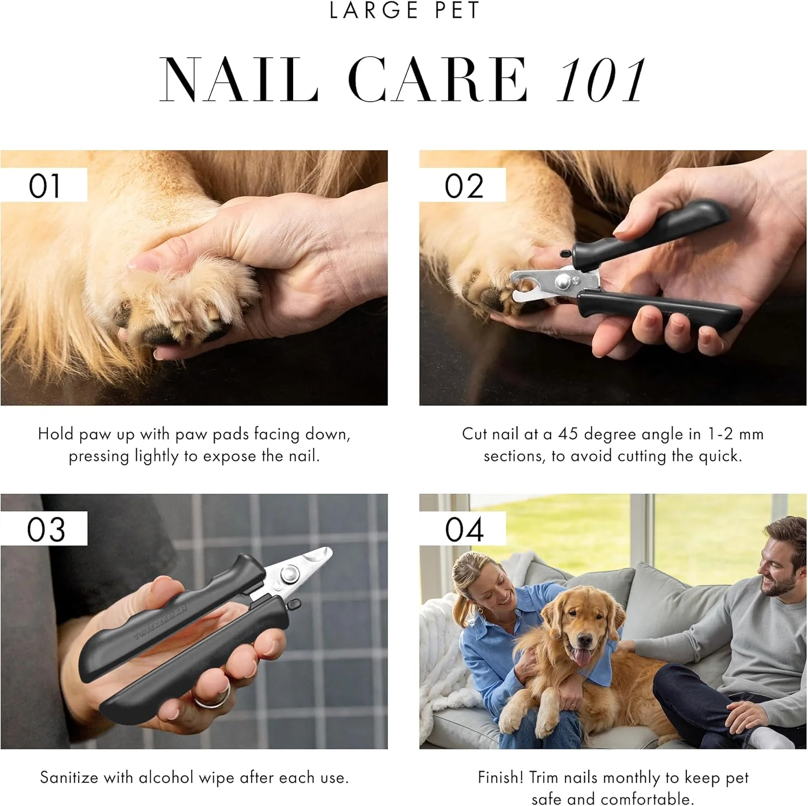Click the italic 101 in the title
602,80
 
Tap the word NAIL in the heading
240,80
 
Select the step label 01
44,185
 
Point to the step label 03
46,529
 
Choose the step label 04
464,529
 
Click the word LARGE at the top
374,10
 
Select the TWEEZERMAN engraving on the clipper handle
161,622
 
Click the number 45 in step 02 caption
568,434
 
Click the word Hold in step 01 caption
55,434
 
